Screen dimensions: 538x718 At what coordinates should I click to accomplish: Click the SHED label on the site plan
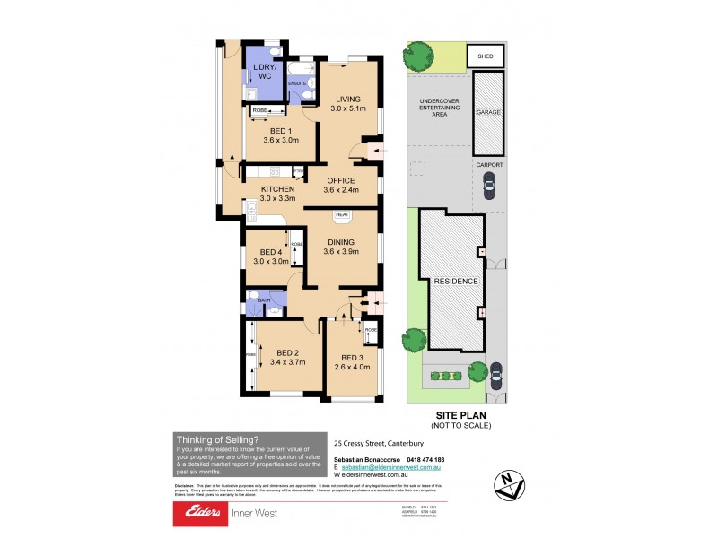485,56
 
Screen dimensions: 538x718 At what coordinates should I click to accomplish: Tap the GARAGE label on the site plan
488,114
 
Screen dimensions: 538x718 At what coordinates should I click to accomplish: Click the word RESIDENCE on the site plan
457,281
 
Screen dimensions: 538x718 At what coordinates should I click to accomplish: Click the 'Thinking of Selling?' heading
217,439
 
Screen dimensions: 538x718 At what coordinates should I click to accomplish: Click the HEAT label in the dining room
342,215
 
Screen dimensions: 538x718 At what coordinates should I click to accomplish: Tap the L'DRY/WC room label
265,71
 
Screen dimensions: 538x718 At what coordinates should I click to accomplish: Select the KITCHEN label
277,189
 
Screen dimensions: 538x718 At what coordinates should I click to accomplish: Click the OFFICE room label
341,180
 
